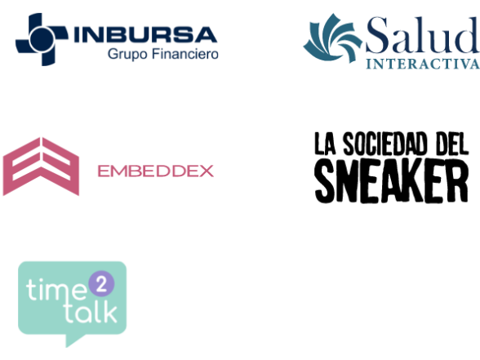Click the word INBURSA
click(145, 34)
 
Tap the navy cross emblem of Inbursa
click(42, 39)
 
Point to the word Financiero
click(185, 54)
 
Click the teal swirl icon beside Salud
click(333, 38)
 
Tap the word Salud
click(423, 35)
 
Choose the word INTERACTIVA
click(423, 64)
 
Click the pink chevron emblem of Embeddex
click(41, 167)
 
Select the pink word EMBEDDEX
click(155, 171)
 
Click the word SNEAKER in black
click(392, 180)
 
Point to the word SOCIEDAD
click(384, 144)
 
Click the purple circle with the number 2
click(101, 284)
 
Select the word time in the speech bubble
click(56, 289)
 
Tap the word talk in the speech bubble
click(91, 313)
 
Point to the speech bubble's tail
click(74, 340)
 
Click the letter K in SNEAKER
click(428, 181)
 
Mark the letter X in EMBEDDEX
click(207, 171)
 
